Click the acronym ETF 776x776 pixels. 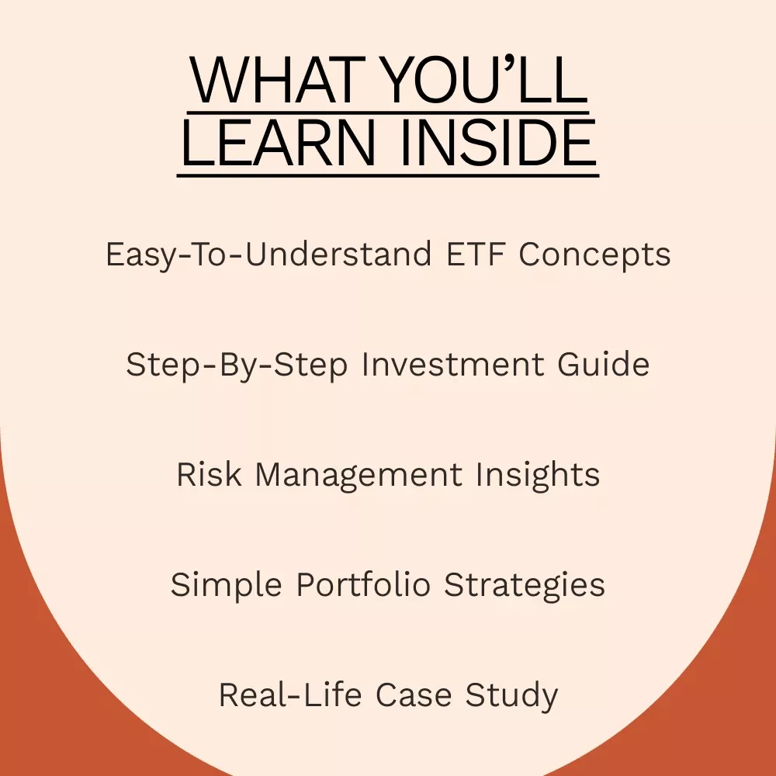pyautogui.click(x=476, y=254)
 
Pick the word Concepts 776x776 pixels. pyautogui.click(x=595, y=255)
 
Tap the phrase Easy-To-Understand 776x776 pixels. pyautogui.click(x=268, y=255)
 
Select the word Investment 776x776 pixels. pyautogui.click(x=453, y=364)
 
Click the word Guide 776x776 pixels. pyautogui.click(x=603, y=364)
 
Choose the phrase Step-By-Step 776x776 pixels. pyautogui.click(x=237, y=365)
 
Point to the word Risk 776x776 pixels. pyautogui.click(x=210, y=474)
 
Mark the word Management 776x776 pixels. pyautogui.click(x=359, y=476)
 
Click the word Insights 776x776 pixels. pyautogui.click(x=538, y=475)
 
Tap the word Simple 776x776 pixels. pyautogui.click(x=226, y=585)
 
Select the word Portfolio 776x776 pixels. pyautogui.click(x=363, y=584)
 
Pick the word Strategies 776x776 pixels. pyautogui.click(x=525, y=585)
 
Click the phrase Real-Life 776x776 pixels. pyautogui.click(x=290, y=695)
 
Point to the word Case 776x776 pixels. pyautogui.click(x=414, y=695)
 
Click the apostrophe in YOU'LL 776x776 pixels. pyautogui.click(x=511, y=64)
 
